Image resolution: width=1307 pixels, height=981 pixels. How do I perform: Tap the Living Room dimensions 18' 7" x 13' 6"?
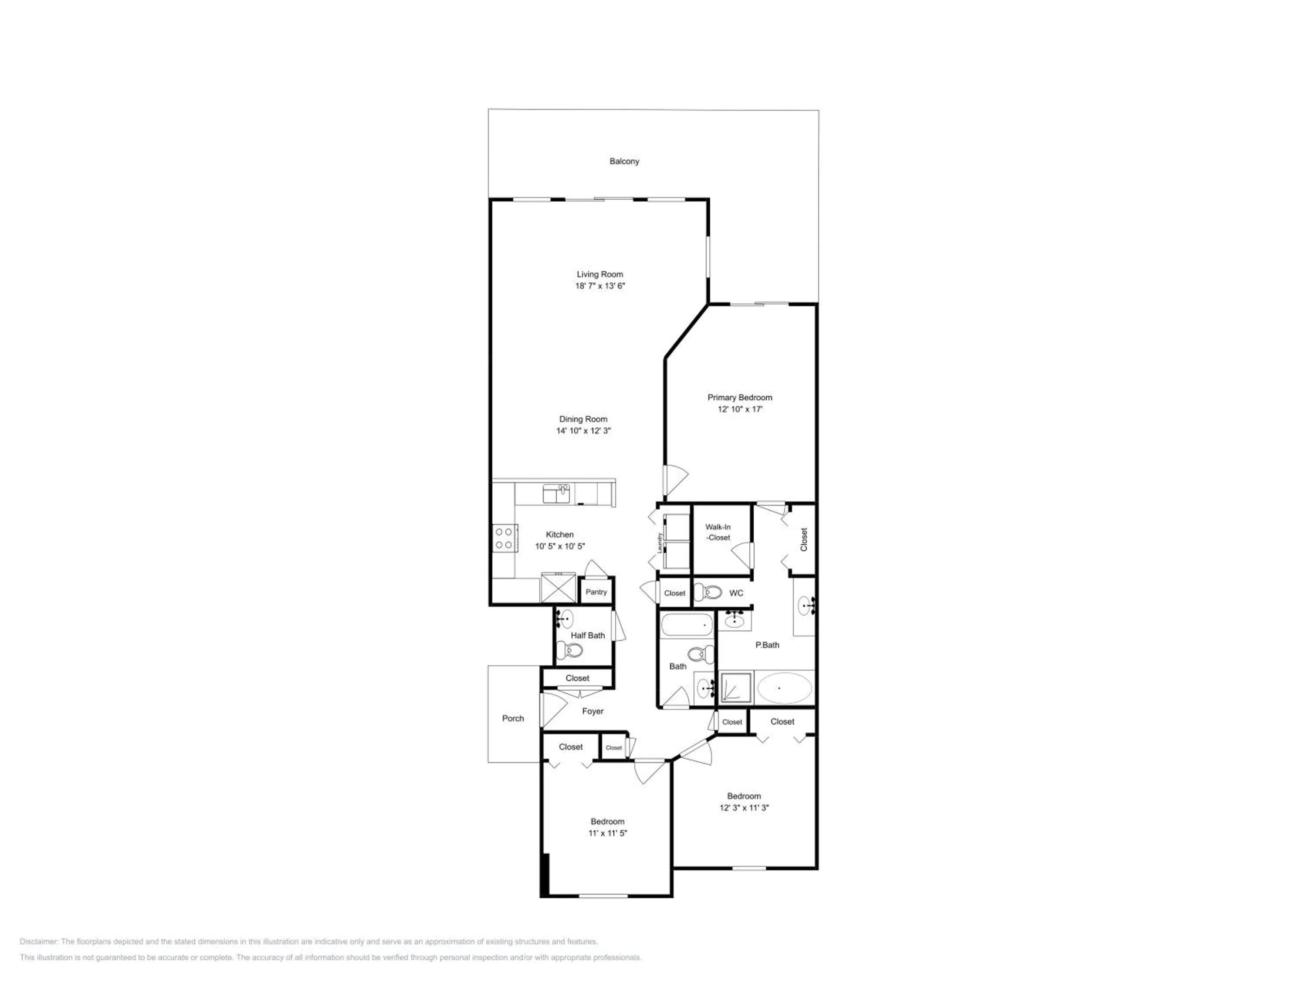(x=600, y=286)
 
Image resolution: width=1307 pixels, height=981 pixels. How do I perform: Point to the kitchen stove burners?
(x=504, y=538)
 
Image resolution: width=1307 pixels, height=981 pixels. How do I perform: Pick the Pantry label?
(x=596, y=592)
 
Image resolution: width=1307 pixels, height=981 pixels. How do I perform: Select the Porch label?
(x=513, y=719)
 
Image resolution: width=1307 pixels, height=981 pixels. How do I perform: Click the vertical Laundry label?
(x=660, y=543)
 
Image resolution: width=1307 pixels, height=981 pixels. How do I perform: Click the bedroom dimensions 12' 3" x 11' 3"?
(x=744, y=808)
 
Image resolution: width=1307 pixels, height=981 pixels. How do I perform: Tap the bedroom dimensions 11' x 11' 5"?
(x=607, y=833)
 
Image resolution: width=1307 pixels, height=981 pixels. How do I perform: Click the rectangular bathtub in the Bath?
(x=687, y=624)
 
